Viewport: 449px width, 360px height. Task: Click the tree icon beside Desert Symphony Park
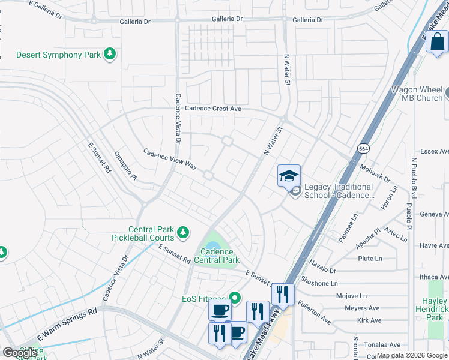coord(109,55)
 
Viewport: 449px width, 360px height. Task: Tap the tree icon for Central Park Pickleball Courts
coord(182,232)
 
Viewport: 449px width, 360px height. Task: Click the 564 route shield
coord(363,148)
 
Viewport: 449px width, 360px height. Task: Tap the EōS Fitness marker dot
coord(235,298)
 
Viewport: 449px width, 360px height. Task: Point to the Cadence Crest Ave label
coord(212,109)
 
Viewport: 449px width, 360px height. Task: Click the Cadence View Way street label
coord(170,158)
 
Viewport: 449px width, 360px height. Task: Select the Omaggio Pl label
coord(125,166)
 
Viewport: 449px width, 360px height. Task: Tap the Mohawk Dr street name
coord(379,174)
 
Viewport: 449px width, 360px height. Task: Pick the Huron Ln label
coord(389,197)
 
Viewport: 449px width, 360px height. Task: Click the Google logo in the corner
coord(20,353)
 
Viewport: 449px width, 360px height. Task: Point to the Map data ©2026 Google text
coord(411,355)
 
